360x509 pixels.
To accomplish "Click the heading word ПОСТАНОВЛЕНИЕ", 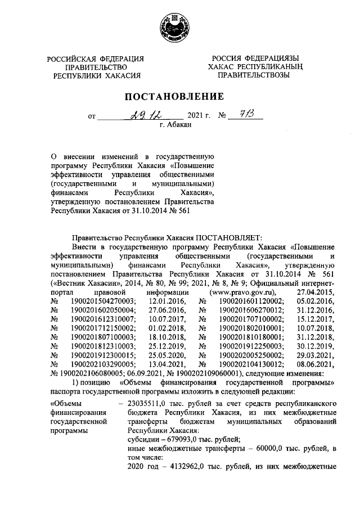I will pos(178,96).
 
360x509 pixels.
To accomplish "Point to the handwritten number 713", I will pos(246,115).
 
